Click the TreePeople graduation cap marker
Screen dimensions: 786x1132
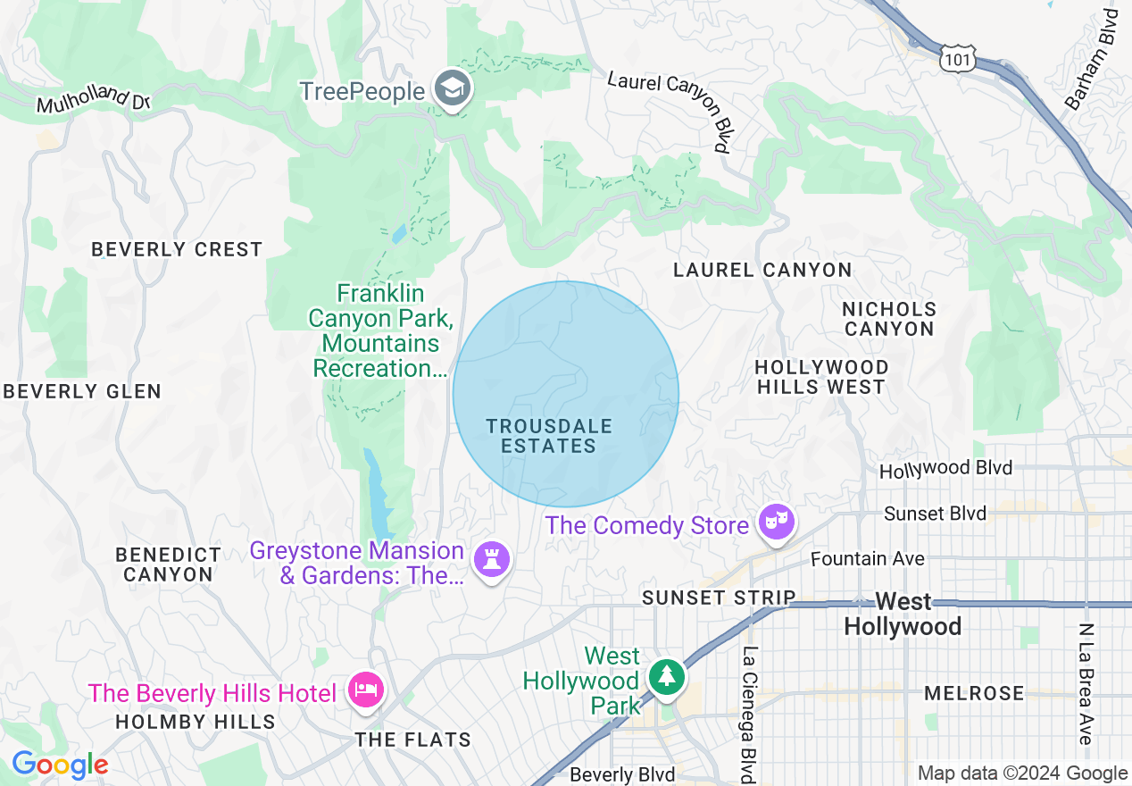point(454,88)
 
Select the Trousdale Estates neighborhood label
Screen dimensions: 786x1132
point(548,436)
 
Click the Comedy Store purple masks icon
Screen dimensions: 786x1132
point(776,523)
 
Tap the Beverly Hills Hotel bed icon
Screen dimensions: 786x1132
point(367,690)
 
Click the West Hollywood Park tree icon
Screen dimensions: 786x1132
point(666,677)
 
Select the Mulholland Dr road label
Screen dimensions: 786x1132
point(93,99)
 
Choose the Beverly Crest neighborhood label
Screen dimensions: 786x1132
point(177,249)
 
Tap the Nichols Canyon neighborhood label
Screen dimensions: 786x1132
point(889,319)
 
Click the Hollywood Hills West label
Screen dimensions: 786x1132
point(821,377)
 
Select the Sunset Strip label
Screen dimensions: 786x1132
point(719,598)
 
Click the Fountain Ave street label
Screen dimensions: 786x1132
point(867,559)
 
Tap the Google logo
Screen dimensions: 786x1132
point(60,765)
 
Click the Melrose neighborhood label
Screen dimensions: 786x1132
point(974,693)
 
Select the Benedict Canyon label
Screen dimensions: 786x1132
point(168,564)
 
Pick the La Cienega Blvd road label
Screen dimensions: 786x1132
point(749,715)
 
